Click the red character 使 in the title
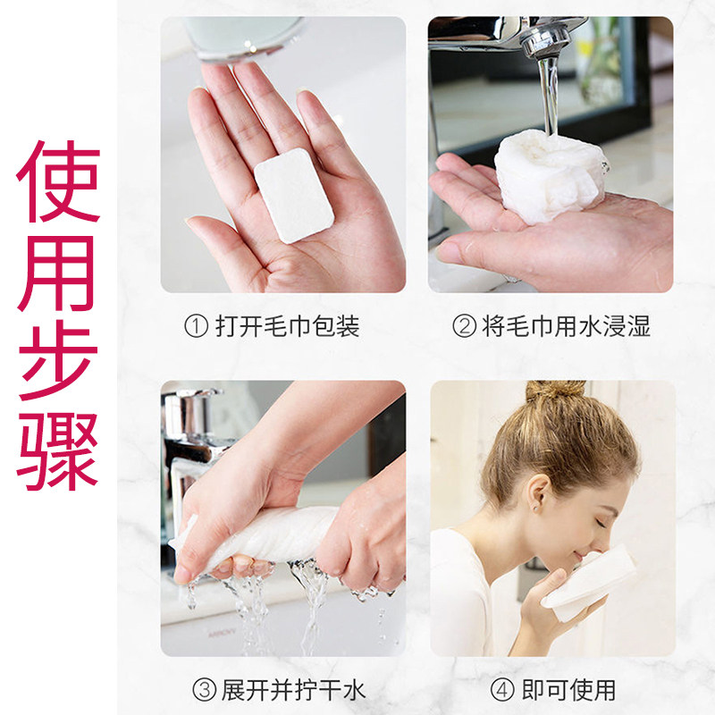(x=58, y=181)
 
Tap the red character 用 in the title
(x=56, y=273)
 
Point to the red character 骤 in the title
(x=58, y=451)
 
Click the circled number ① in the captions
(x=197, y=326)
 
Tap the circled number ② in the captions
(x=464, y=326)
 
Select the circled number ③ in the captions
(x=205, y=690)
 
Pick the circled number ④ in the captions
(x=502, y=690)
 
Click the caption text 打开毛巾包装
(x=288, y=326)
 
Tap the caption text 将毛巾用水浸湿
(x=566, y=326)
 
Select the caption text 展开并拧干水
(x=294, y=690)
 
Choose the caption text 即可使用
(x=569, y=690)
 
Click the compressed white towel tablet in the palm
(x=294, y=196)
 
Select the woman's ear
(x=539, y=496)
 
